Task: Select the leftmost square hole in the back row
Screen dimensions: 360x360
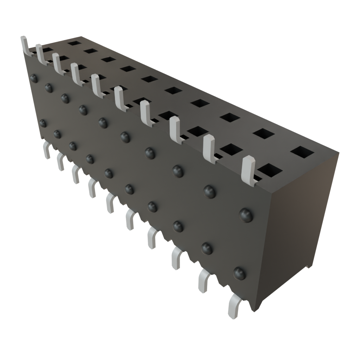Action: tap(73, 43)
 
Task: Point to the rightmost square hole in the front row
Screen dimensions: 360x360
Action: tap(270, 171)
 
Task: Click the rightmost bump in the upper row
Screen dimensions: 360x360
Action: tap(246, 214)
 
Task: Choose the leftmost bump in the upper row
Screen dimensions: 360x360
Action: tap(34, 78)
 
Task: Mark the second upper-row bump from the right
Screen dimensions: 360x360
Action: tap(210, 191)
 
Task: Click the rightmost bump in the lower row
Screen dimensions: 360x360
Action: tap(239, 272)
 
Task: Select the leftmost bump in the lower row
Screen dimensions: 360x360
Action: tap(43, 123)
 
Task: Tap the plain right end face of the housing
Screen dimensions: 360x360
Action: tap(301, 218)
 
